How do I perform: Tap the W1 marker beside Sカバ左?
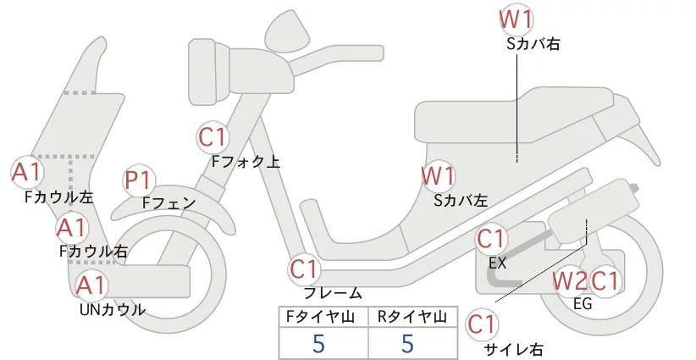tap(439, 178)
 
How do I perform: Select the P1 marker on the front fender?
tap(138, 180)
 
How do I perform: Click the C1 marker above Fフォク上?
tap(213, 137)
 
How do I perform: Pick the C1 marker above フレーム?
tap(305, 270)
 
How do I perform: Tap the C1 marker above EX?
tap(492, 240)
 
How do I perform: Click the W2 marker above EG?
tap(569, 280)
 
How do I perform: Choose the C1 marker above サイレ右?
tap(483, 324)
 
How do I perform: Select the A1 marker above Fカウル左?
tap(26, 172)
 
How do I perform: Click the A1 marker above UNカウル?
tap(91, 285)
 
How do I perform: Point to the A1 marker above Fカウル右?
tap(71, 227)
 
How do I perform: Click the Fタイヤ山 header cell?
tap(323, 317)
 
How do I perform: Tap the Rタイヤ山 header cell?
tap(412, 317)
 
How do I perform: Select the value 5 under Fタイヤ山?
tap(318, 343)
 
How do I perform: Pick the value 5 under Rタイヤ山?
tap(407, 343)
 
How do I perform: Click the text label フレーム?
tap(332, 294)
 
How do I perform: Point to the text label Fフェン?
tap(168, 203)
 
